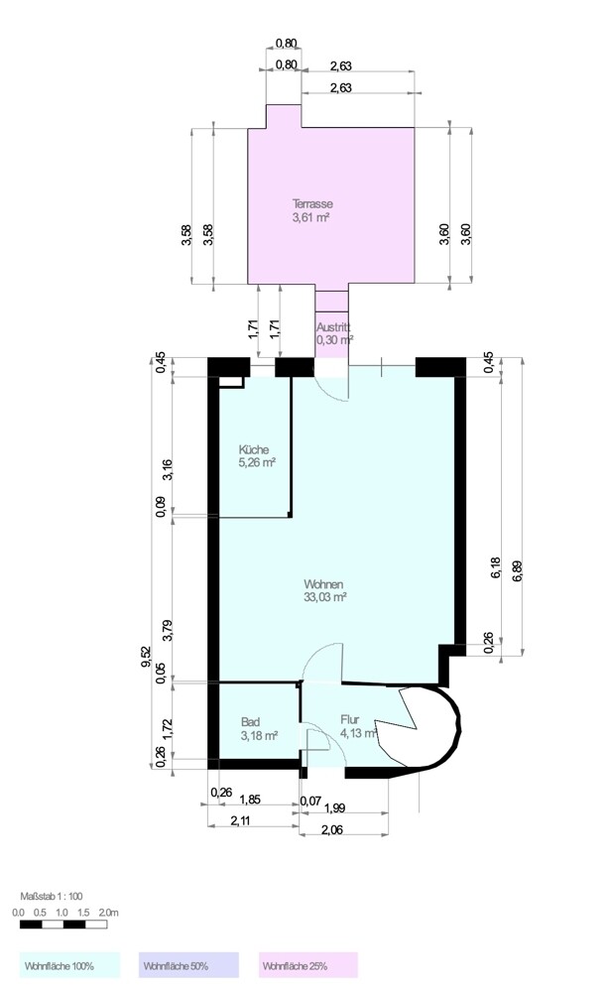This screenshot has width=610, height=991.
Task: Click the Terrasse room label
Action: [x=312, y=204]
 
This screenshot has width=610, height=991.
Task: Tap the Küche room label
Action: [x=254, y=450]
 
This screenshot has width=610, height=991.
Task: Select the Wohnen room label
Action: [x=323, y=584]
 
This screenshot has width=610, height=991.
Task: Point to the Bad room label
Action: [x=250, y=722]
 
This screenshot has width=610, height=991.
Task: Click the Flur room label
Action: [x=349, y=719]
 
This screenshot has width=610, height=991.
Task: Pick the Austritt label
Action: [x=333, y=327]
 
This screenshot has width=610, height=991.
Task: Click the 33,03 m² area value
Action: [x=325, y=596]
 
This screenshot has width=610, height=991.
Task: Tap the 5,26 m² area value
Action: [x=257, y=462]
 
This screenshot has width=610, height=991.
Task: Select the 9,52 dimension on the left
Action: [x=146, y=658]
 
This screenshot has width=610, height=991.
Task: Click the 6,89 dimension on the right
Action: [x=518, y=570]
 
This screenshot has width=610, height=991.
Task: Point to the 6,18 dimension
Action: [x=496, y=566]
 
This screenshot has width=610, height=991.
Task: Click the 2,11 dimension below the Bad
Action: [x=241, y=821]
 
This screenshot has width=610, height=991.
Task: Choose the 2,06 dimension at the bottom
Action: [x=332, y=830]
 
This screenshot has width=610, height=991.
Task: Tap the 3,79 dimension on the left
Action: [x=168, y=630]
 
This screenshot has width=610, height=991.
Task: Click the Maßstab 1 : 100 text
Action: [x=52, y=896]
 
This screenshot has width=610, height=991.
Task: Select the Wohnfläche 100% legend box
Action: [x=69, y=965]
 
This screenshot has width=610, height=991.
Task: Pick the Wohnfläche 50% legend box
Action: [x=188, y=965]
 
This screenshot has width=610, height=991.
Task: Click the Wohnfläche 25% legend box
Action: [x=307, y=965]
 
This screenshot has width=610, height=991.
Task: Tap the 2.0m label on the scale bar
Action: [x=108, y=913]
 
